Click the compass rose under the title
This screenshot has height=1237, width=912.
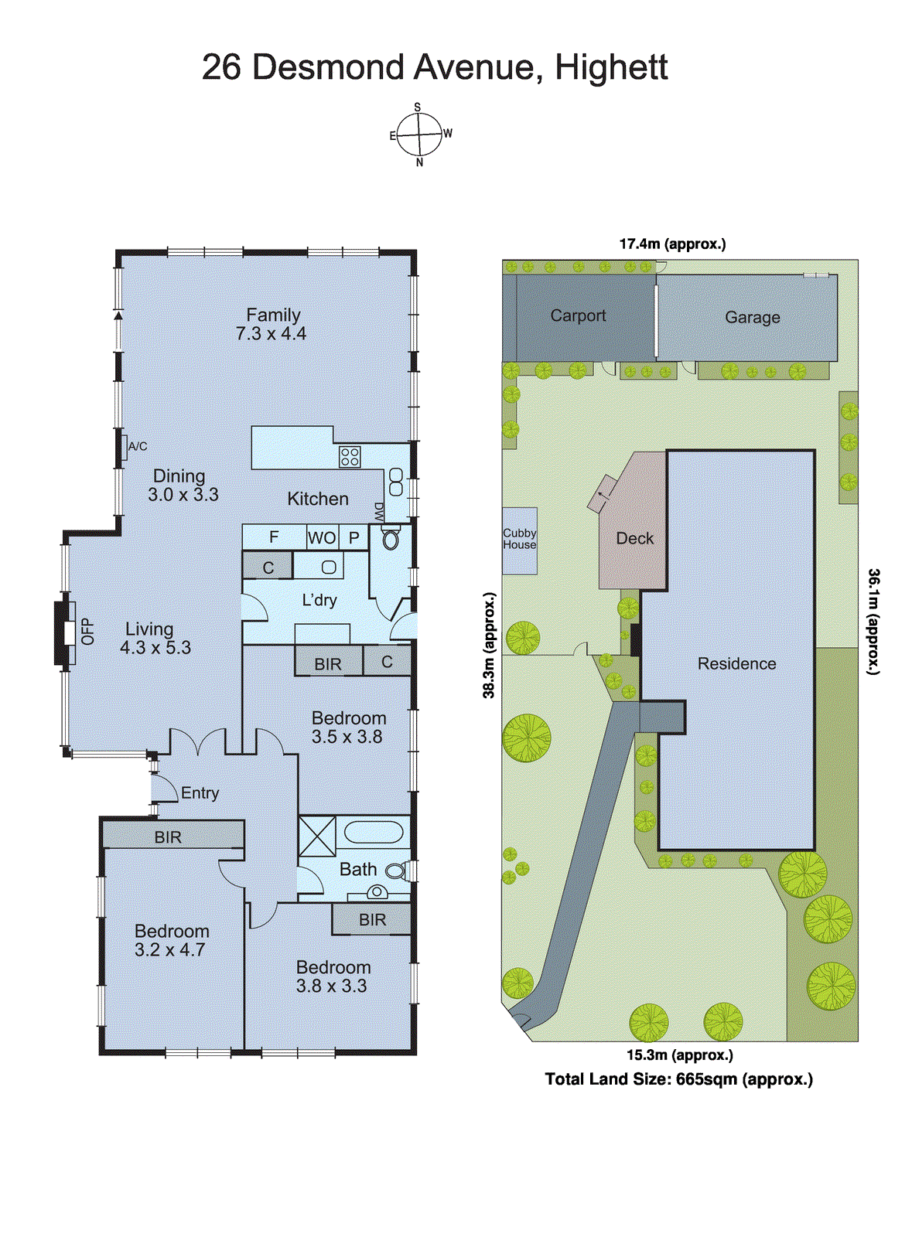pyautogui.click(x=418, y=135)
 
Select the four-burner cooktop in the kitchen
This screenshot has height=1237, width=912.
pyautogui.click(x=350, y=457)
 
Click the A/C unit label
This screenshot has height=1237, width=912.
pyautogui.click(x=137, y=447)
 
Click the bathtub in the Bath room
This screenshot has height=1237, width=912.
pyautogui.click(x=374, y=833)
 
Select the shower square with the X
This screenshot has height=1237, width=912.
pyautogui.click(x=317, y=836)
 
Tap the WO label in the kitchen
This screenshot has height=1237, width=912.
pyautogui.click(x=322, y=537)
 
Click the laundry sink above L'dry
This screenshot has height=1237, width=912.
pyautogui.click(x=328, y=567)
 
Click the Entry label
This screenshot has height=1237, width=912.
pyautogui.click(x=200, y=793)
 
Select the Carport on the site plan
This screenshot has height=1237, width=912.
pyautogui.click(x=578, y=315)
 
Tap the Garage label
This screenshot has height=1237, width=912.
pyautogui.click(x=752, y=317)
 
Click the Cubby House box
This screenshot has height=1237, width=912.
pyautogui.click(x=519, y=540)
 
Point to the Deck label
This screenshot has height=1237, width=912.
pyautogui.click(x=634, y=538)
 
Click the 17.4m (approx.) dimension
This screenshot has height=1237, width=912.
pyautogui.click(x=672, y=244)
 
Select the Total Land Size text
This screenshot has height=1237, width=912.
pyautogui.click(x=678, y=1079)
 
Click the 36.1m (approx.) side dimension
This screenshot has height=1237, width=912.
pyautogui.click(x=873, y=622)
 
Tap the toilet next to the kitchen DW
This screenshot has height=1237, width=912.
pyautogui.click(x=390, y=538)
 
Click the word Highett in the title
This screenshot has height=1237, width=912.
pyautogui.click(x=611, y=67)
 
